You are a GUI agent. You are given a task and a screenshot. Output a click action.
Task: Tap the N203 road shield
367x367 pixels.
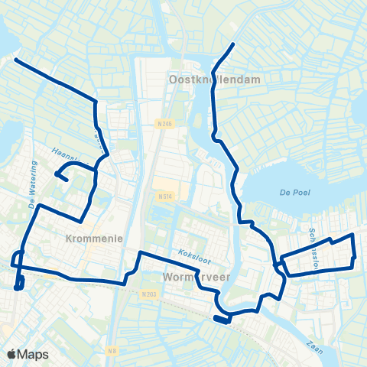pyautogui.click(x=149, y=294)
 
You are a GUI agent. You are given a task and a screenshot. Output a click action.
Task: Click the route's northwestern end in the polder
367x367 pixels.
pyautogui.click(x=16, y=59)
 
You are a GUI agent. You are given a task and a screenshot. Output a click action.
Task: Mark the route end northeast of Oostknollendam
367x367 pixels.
pyautogui.click(x=232, y=44)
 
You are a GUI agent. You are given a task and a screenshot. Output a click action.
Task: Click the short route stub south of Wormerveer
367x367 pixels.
pyautogui.click(x=221, y=320)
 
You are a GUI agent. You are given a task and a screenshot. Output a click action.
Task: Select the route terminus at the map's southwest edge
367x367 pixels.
pyautogui.click(x=18, y=287)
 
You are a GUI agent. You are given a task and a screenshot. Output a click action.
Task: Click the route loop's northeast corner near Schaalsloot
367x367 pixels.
pyautogui.click(x=352, y=235)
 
